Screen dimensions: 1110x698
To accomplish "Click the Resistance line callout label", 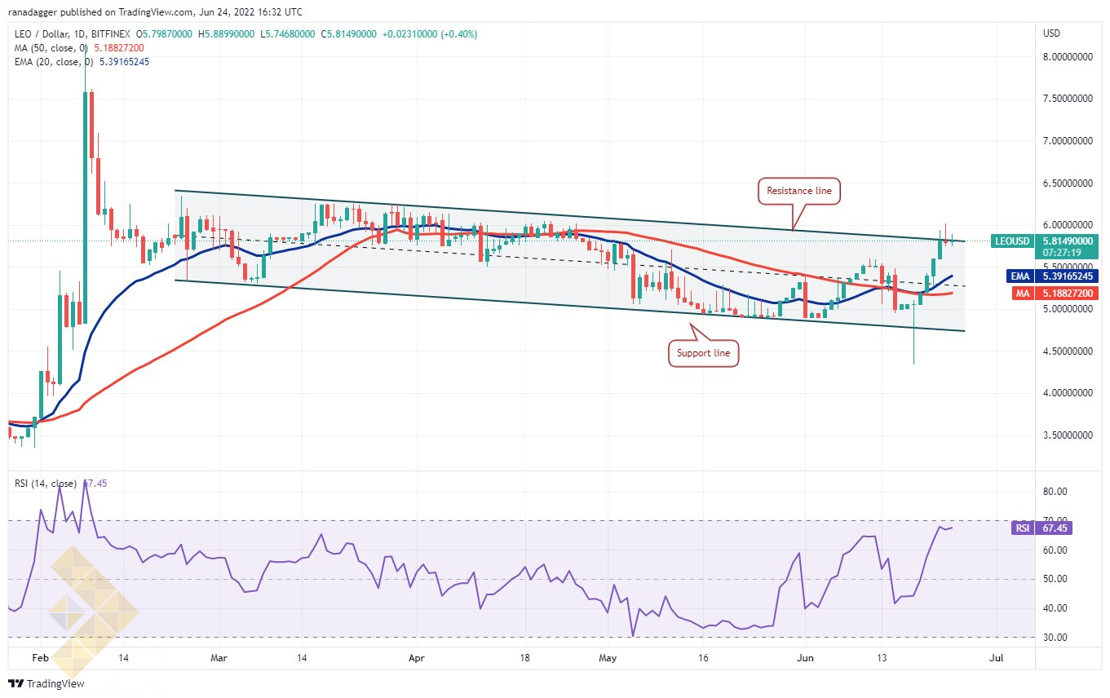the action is tap(798, 191).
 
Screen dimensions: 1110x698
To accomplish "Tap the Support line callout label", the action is tap(703, 353).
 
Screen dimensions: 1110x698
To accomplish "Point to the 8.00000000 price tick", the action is tap(1068, 57).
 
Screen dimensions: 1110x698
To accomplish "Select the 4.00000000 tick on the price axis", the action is tap(1068, 393).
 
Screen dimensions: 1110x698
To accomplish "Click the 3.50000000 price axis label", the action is tap(1068, 435).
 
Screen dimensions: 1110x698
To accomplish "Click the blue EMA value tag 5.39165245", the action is tap(1050, 276).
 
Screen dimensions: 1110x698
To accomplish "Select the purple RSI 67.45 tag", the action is tap(1041, 528).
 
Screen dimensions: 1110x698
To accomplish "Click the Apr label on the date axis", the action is tap(417, 658).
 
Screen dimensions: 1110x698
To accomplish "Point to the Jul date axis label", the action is tap(996, 658).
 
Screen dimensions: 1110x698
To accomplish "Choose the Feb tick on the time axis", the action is tap(40, 658).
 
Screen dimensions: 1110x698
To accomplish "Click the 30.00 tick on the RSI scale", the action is tap(1055, 638).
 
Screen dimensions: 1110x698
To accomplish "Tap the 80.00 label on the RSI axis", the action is tap(1055, 492).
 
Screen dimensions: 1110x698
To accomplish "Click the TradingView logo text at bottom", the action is tap(46, 683).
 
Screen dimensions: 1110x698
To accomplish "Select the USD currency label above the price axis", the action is tap(1051, 33).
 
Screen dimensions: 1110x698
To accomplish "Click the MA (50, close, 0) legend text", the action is tap(52, 48).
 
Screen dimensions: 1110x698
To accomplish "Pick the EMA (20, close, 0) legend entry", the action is tap(55, 62).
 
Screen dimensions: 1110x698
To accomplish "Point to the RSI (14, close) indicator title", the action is tap(46, 484).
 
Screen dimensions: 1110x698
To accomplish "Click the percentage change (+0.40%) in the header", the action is tap(459, 34).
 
